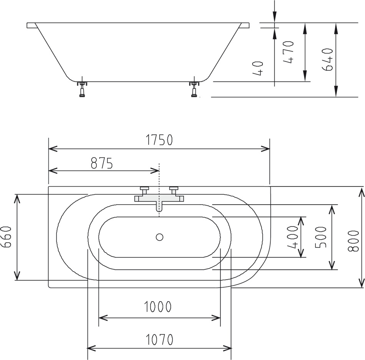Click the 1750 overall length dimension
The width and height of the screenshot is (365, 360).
coord(159,140)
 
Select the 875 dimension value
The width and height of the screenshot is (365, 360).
coord(101,163)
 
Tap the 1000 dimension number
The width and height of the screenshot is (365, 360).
coord(158,307)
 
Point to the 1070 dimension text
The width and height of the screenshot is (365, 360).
coord(159,339)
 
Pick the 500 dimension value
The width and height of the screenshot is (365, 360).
coord(321,237)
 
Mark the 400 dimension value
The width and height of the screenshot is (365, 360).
coord(293,237)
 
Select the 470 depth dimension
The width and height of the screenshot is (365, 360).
coord(289,52)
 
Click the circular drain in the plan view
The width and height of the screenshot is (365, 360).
coord(159,237)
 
